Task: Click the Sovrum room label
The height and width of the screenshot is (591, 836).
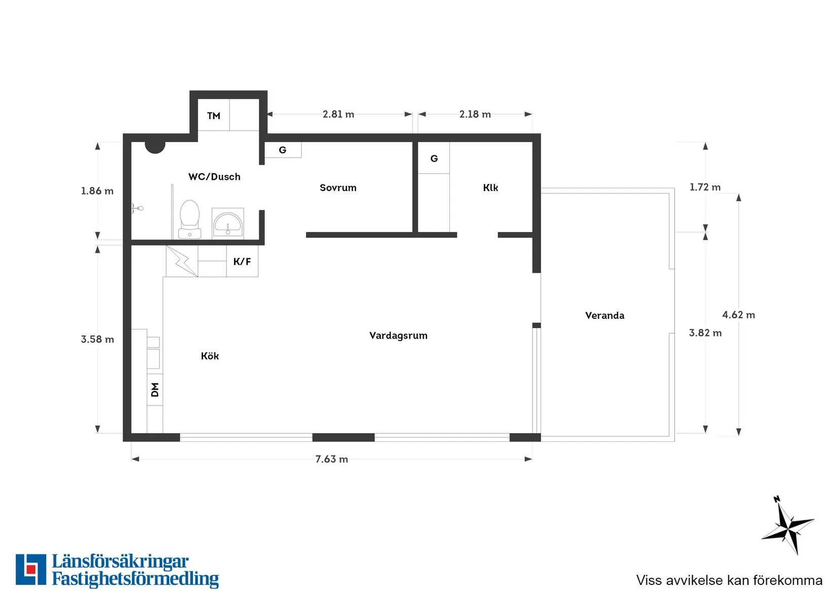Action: pos(338,188)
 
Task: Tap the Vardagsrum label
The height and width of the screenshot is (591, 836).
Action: pos(398,335)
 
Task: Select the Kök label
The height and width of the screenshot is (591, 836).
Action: pos(210,356)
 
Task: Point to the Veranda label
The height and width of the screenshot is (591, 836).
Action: pos(604,315)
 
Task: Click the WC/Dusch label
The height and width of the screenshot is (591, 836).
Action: pos(214,176)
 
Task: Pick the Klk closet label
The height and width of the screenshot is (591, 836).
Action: pos(490,188)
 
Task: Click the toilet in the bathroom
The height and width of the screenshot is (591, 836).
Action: pos(189,219)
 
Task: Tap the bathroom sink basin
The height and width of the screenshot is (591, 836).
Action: pos(227,223)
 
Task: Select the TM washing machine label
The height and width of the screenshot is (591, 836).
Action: pos(214,116)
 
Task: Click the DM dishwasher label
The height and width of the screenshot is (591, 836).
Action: pos(155,390)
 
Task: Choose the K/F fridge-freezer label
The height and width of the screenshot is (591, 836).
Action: pos(242,262)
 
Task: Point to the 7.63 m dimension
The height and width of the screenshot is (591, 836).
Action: pos(331,459)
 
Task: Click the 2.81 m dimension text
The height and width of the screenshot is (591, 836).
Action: pos(338,114)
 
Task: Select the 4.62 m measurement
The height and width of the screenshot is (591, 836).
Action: pos(739,315)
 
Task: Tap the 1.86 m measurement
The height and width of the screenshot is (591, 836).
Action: pos(97,191)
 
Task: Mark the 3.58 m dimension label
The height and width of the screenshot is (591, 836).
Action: pos(97,339)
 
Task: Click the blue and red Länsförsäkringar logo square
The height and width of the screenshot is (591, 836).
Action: pos(31,569)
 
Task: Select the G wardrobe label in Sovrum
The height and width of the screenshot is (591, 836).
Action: pos(283,150)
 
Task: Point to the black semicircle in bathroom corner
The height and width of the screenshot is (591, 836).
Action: pos(155,147)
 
